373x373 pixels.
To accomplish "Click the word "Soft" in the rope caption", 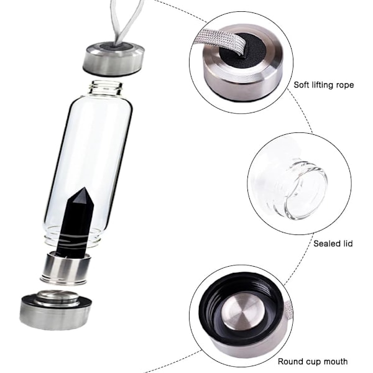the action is (301, 85).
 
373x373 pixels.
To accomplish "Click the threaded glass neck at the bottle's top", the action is (106, 88).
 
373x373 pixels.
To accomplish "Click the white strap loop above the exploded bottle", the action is (124, 22).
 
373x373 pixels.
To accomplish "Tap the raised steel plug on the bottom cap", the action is (56, 298).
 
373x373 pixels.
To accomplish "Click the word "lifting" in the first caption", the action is (320, 85).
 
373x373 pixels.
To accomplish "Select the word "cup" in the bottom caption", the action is (312, 362).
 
